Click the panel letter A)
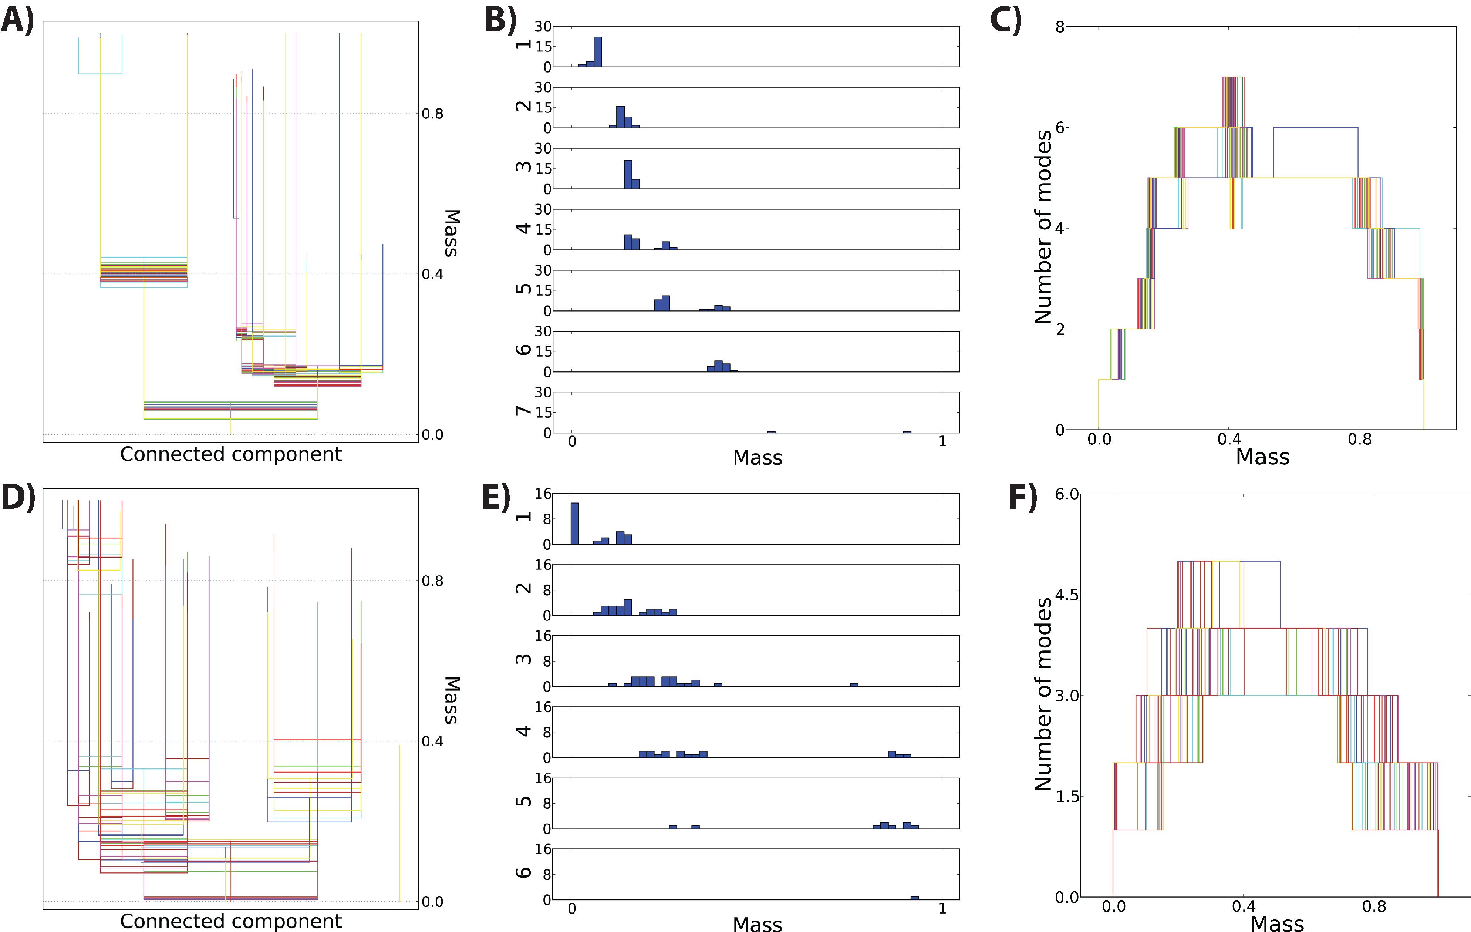[x=17, y=20]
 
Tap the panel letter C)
[x=1005, y=20]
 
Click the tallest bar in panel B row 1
[x=597, y=52]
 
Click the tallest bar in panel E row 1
[x=574, y=523]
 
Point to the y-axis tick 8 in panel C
[x=1059, y=26]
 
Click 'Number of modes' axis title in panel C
[x=1043, y=227]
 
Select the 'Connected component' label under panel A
[x=230, y=454]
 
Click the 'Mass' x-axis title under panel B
[x=758, y=458]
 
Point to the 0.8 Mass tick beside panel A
[x=432, y=114]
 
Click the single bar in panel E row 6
[x=914, y=898]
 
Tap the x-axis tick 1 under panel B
[x=942, y=441]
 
